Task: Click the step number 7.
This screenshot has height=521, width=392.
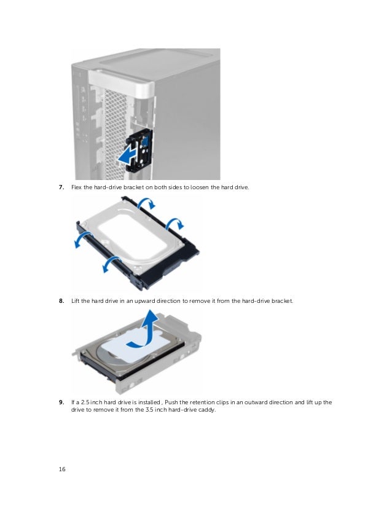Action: pyautogui.click(x=61, y=187)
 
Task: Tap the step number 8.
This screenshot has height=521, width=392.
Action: pyautogui.click(x=61, y=300)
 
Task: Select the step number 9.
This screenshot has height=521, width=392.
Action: pyautogui.click(x=61, y=402)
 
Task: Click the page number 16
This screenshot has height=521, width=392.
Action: pyautogui.click(x=62, y=469)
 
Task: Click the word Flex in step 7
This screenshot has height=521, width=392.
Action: pyautogui.click(x=76, y=187)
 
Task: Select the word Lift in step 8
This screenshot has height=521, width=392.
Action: pyautogui.click(x=76, y=300)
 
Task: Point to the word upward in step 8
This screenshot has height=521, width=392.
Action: pyautogui.click(x=145, y=301)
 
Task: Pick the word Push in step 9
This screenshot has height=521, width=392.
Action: pyautogui.click(x=171, y=402)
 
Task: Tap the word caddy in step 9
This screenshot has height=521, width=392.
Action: pyautogui.click(x=207, y=410)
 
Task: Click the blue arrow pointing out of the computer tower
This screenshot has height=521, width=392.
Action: pyautogui.click(x=127, y=157)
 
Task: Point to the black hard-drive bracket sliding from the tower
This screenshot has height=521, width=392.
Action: pyautogui.click(x=139, y=150)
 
